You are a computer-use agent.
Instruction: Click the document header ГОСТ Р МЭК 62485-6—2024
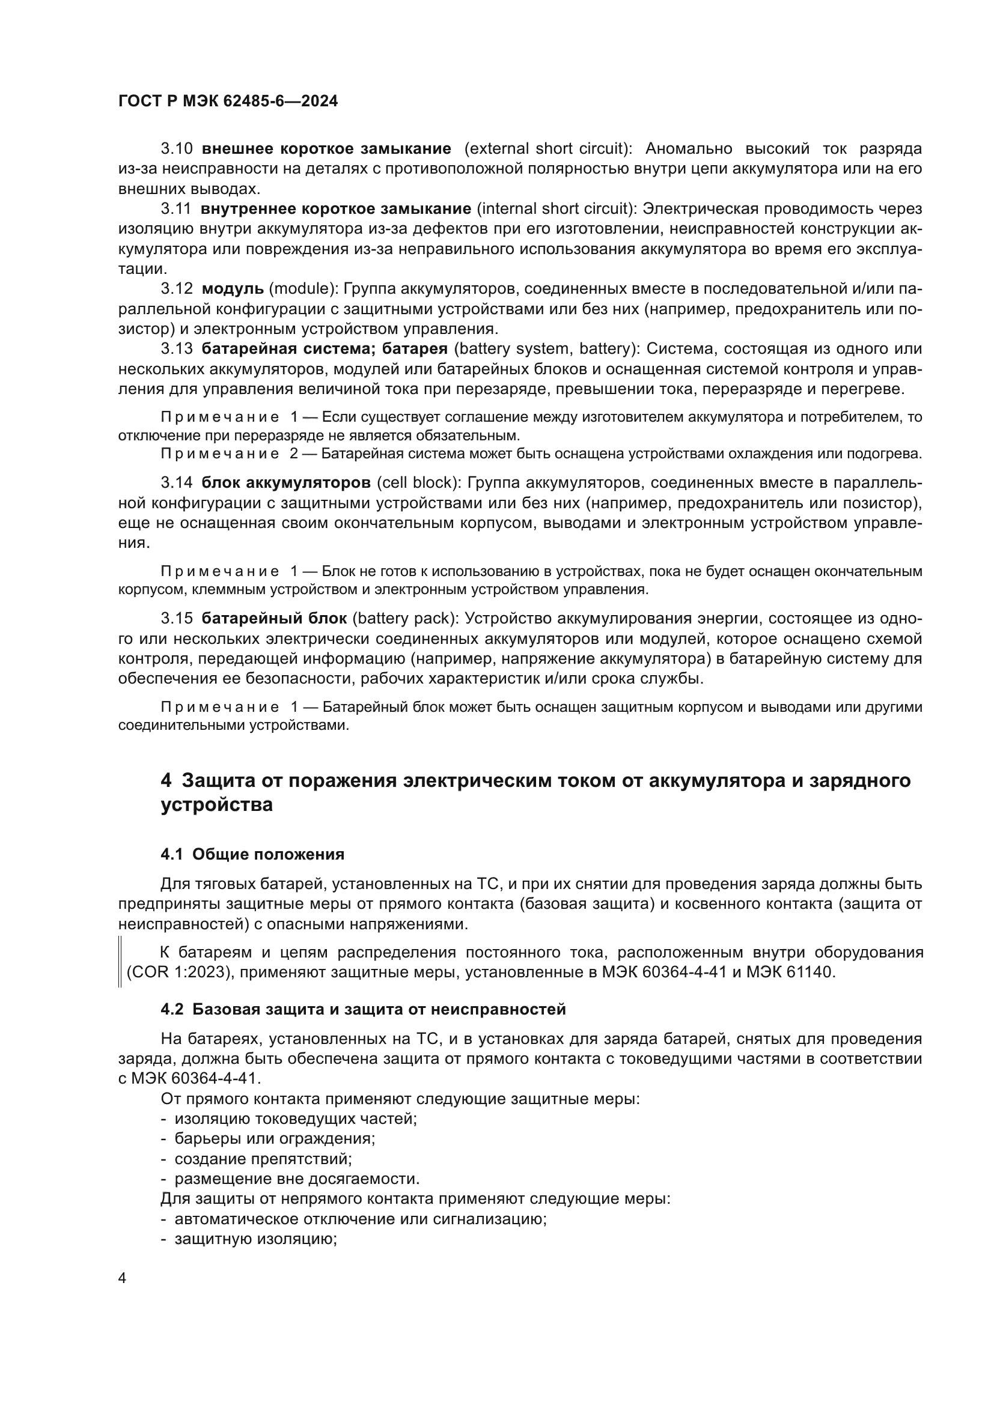tap(228, 102)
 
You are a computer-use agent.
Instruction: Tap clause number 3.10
tap(177, 149)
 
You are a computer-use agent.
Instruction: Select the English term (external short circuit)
tap(548, 149)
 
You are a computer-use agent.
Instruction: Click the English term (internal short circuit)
tap(556, 208)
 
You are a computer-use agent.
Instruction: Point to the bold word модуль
tap(233, 289)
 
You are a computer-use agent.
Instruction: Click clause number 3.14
tap(177, 483)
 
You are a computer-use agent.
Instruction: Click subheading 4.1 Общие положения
tap(252, 854)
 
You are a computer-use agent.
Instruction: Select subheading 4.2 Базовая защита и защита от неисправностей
tap(363, 1010)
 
